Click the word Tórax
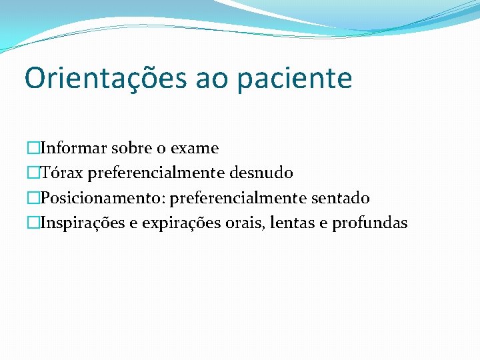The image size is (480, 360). pos(61,173)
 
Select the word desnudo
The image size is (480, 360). pos(261,173)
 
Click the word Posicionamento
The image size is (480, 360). pos(103,198)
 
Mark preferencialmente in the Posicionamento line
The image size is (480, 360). pos(239,198)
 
